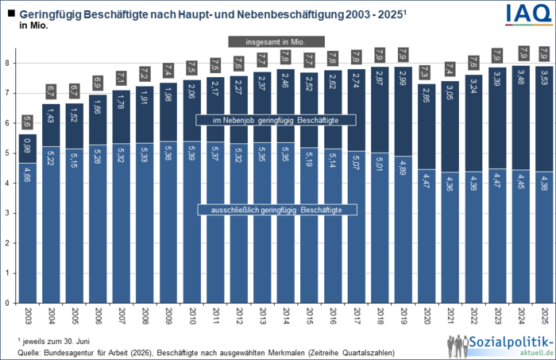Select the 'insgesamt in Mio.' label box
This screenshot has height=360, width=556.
click(276, 41)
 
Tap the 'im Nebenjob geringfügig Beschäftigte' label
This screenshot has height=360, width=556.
click(276, 119)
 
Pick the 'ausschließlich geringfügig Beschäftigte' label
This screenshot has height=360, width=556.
click(276, 209)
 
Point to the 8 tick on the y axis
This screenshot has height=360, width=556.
click(7, 63)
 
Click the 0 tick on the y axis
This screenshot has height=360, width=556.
click(7, 303)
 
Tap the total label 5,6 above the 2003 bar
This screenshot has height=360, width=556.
click(27, 122)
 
